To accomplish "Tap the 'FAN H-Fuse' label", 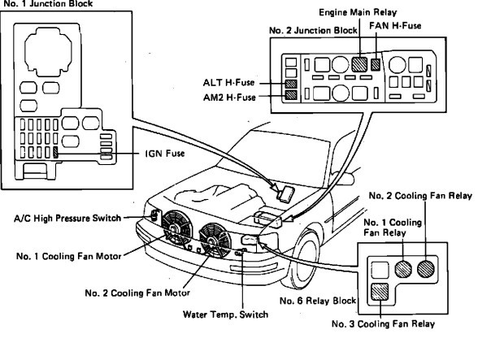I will click(x=397, y=26).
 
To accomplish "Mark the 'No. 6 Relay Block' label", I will click(x=320, y=301).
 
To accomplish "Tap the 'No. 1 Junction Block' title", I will click(x=36, y=4).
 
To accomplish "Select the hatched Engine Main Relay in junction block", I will click(x=362, y=63).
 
